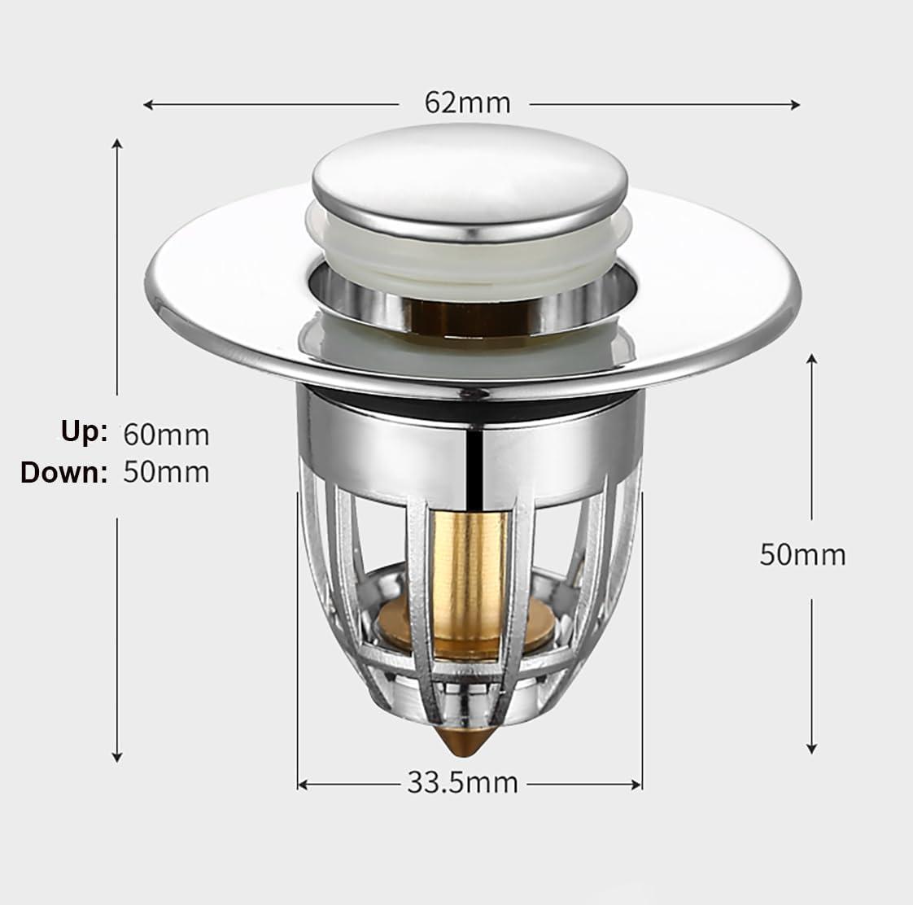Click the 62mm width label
pos(467,103)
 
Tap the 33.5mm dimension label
pos(462,783)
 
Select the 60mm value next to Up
pos(166,435)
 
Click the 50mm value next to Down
pos(166,472)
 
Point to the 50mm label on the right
pos(802,554)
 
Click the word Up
pos(84,431)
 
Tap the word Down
pos(64,472)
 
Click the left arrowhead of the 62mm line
pos(147,104)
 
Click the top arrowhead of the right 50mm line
pos(811,359)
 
